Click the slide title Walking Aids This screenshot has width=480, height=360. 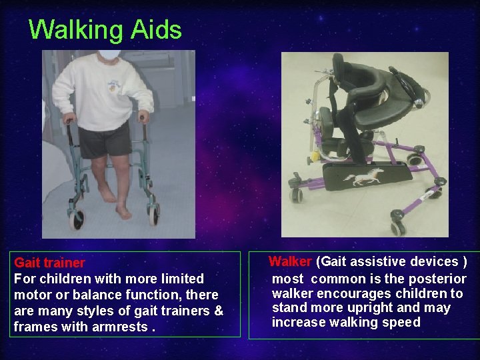(105, 30)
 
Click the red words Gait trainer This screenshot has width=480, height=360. (49, 263)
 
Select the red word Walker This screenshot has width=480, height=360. (290, 261)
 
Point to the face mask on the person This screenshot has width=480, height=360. (109, 54)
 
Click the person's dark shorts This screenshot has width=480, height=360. (105, 139)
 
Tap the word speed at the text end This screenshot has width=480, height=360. (403, 323)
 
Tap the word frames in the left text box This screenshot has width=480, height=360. (33, 327)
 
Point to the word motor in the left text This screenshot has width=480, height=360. (32, 295)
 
